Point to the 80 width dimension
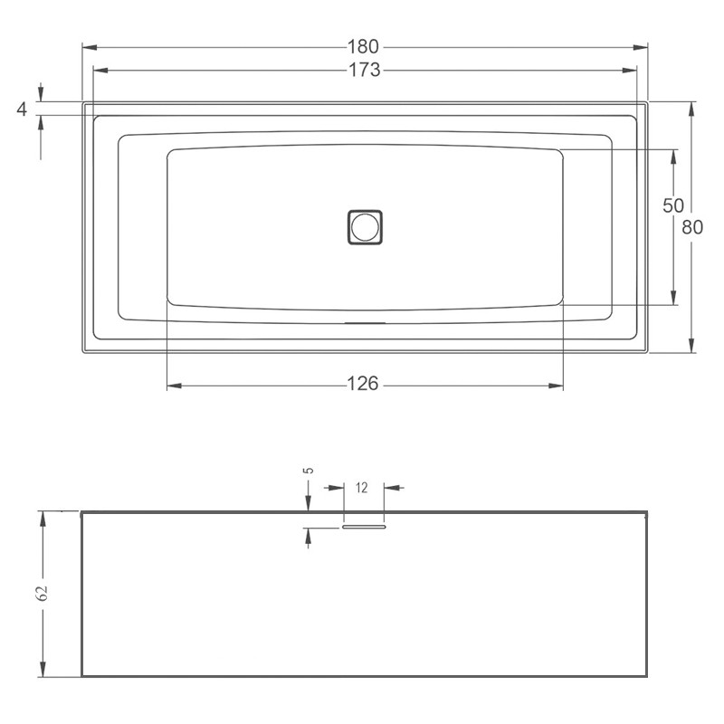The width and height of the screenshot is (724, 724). point(692,227)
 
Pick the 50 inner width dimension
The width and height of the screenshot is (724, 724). point(672,205)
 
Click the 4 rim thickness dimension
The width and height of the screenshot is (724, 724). point(22,109)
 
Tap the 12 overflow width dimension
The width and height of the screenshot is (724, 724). point(362,488)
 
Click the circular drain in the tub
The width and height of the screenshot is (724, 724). point(365,226)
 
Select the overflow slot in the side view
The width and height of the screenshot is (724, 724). point(365,524)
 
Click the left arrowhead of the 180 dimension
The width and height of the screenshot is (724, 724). point(89,47)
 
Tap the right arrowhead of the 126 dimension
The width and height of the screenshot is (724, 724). point(557,386)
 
